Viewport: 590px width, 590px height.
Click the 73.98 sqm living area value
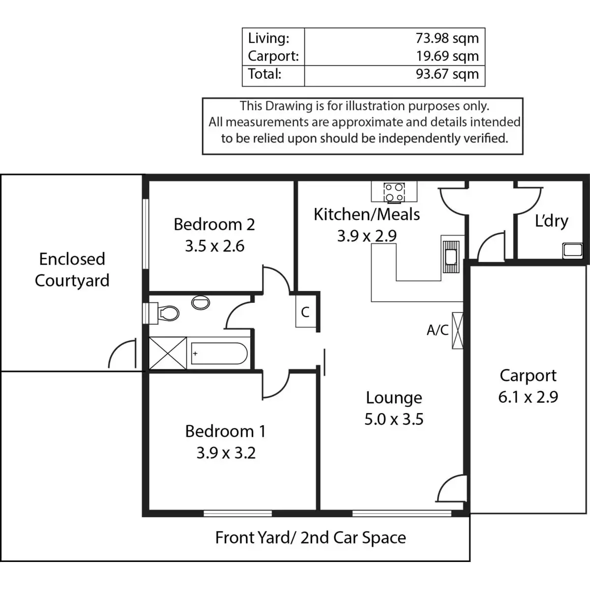447,38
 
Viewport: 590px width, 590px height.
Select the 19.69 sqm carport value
447,56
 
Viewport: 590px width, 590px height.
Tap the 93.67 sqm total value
447,74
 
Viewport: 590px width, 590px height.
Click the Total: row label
265,74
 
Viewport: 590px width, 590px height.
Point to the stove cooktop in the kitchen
394,192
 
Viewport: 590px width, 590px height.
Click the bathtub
219,354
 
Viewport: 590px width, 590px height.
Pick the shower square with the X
168,354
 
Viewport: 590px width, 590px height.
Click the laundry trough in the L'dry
573,251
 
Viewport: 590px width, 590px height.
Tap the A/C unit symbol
457,330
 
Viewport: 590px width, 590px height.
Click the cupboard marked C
305,311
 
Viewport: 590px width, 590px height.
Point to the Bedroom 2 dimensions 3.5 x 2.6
215,246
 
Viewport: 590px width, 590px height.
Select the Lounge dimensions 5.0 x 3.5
394,419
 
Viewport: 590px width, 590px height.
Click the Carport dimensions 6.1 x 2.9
528,397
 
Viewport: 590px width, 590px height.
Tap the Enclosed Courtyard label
72,270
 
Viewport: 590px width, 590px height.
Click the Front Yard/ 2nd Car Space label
310,538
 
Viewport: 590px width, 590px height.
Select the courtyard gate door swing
122,353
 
